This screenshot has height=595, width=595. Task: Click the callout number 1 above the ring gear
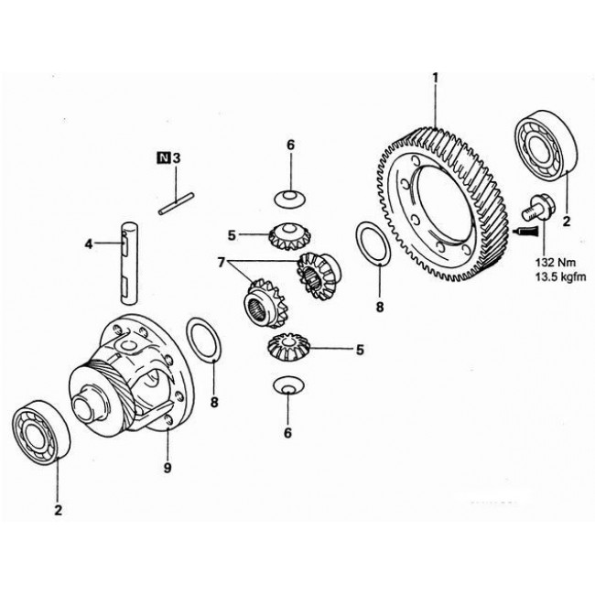[436, 78]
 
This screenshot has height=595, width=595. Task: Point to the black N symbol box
[164, 157]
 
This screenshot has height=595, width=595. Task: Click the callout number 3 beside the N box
[177, 157]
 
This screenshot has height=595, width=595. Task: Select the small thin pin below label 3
[174, 203]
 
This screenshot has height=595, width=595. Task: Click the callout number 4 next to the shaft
[89, 243]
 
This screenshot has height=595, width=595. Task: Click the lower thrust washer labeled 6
[289, 387]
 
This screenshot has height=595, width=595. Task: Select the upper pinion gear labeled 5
[287, 236]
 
